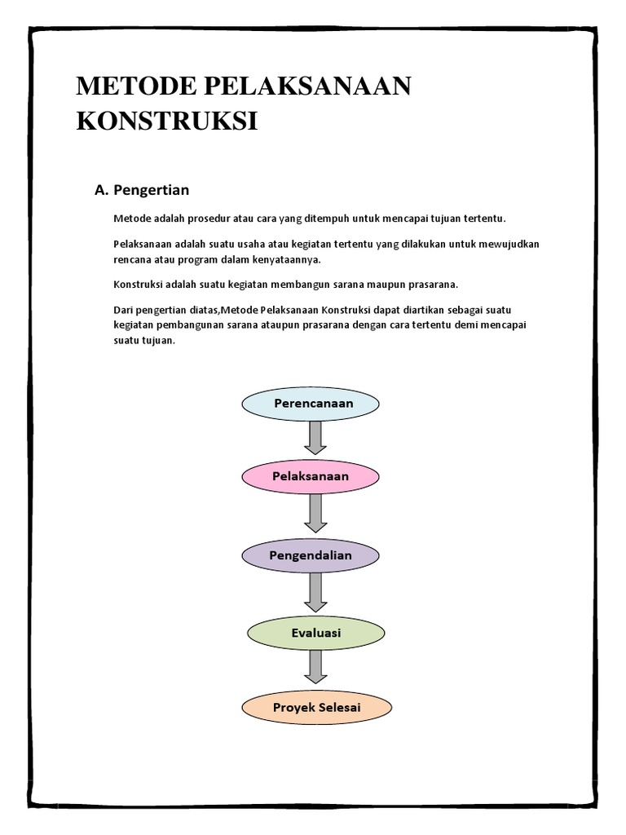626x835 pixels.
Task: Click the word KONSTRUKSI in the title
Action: pos(166,122)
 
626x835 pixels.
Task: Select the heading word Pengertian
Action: pos(152,191)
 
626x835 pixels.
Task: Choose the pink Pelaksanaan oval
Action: pos(311,476)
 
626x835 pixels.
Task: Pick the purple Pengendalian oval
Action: pos(311,555)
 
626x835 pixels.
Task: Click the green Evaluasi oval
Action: pos(315,633)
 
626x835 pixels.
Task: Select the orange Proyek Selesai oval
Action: pos(317,706)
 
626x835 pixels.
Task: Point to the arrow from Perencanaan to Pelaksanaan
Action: pos(315,438)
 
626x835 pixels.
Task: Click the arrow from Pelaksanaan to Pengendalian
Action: pos(315,514)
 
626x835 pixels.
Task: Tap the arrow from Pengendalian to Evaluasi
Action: pos(315,594)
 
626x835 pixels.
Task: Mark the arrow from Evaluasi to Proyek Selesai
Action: pos(315,668)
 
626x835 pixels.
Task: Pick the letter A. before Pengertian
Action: pos(102,191)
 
